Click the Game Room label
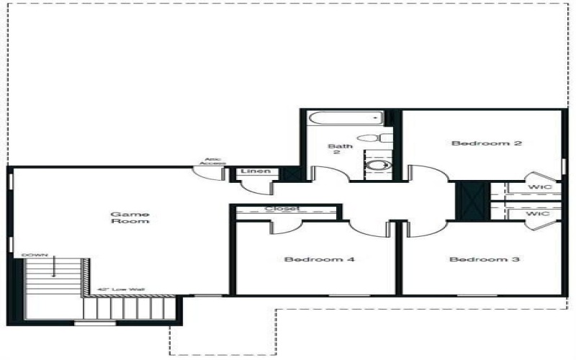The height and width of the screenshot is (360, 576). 130,217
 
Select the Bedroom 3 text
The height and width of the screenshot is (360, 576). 484,259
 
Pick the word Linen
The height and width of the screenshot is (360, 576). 256,171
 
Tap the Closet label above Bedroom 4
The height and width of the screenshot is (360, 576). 282,210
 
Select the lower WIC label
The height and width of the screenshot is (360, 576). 538,214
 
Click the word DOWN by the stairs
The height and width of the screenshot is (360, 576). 34,255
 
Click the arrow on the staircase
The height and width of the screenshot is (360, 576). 54,269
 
